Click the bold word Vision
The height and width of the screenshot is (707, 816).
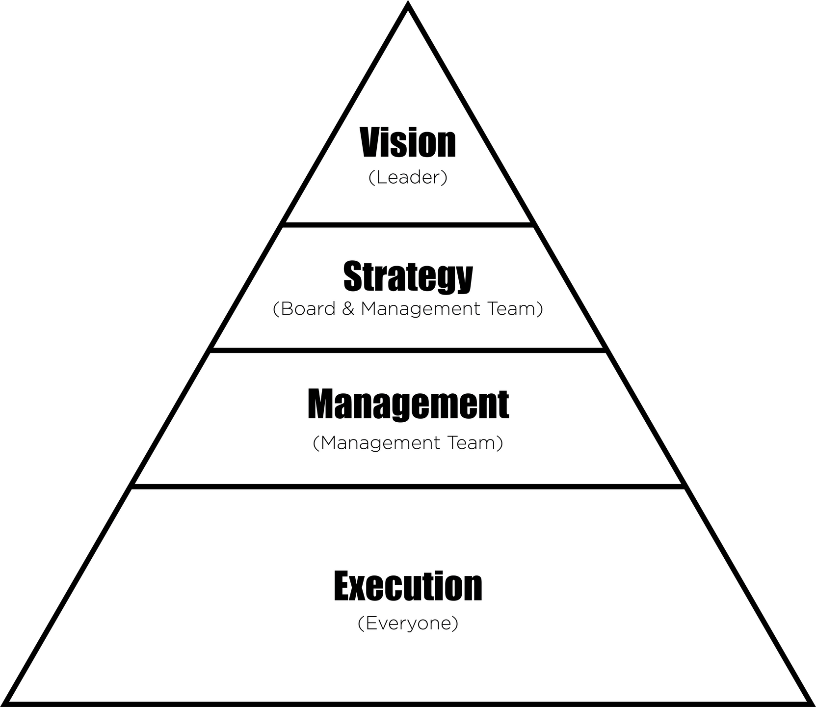tap(408, 142)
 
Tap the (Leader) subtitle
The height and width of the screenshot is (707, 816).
tap(408, 178)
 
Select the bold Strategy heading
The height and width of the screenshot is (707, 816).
tap(408, 276)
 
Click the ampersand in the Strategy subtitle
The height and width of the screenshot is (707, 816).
tap(348, 309)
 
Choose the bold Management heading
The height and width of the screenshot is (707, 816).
tap(408, 405)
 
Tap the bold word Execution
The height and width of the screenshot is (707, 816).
tap(408, 586)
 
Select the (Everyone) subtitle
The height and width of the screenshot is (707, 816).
tap(408, 624)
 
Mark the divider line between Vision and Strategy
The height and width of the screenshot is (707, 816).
tap(408, 225)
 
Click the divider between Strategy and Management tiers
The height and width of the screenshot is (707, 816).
tap(408, 350)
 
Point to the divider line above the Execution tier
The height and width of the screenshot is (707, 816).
tap(408, 487)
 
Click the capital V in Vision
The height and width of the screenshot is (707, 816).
tap(371, 142)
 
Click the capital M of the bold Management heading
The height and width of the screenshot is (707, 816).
tap(323, 404)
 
